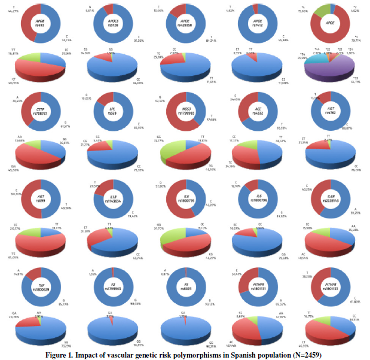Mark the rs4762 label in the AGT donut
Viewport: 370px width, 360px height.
(x=325, y=112)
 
